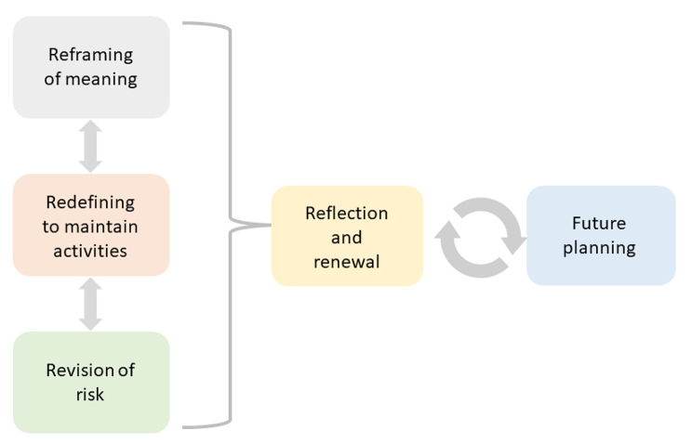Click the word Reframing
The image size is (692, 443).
click(90, 56)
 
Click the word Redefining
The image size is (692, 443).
click(90, 202)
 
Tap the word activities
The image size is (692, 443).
click(90, 250)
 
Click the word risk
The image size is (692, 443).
click(90, 394)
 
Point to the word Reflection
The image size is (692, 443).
click(347, 214)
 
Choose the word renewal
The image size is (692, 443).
click(347, 261)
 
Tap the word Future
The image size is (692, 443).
click(600, 224)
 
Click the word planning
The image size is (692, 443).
click(600, 248)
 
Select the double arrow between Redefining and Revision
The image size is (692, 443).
click(90, 304)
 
